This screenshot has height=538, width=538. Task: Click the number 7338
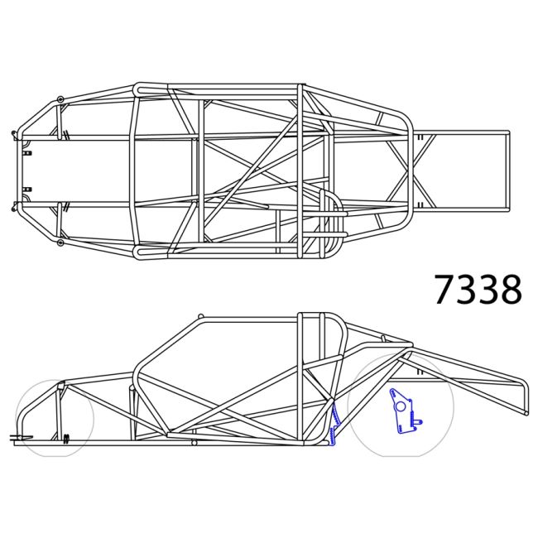click(x=478, y=290)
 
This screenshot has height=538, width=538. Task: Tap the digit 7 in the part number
click(x=446, y=290)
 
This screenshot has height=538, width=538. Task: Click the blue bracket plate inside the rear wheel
click(x=402, y=412)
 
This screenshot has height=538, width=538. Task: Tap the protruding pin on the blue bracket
click(x=419, y=420)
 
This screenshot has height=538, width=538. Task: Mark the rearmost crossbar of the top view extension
click(x=507, y=169)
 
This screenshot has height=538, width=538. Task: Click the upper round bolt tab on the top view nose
click(x=60, y=100)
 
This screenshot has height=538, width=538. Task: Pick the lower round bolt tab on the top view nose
click(x=60, y=243)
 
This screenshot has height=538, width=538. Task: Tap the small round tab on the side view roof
click(x=200, y=317)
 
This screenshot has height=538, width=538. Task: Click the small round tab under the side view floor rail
click(x=194, y=444)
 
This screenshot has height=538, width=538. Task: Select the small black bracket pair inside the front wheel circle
click(x=65, y=436)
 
